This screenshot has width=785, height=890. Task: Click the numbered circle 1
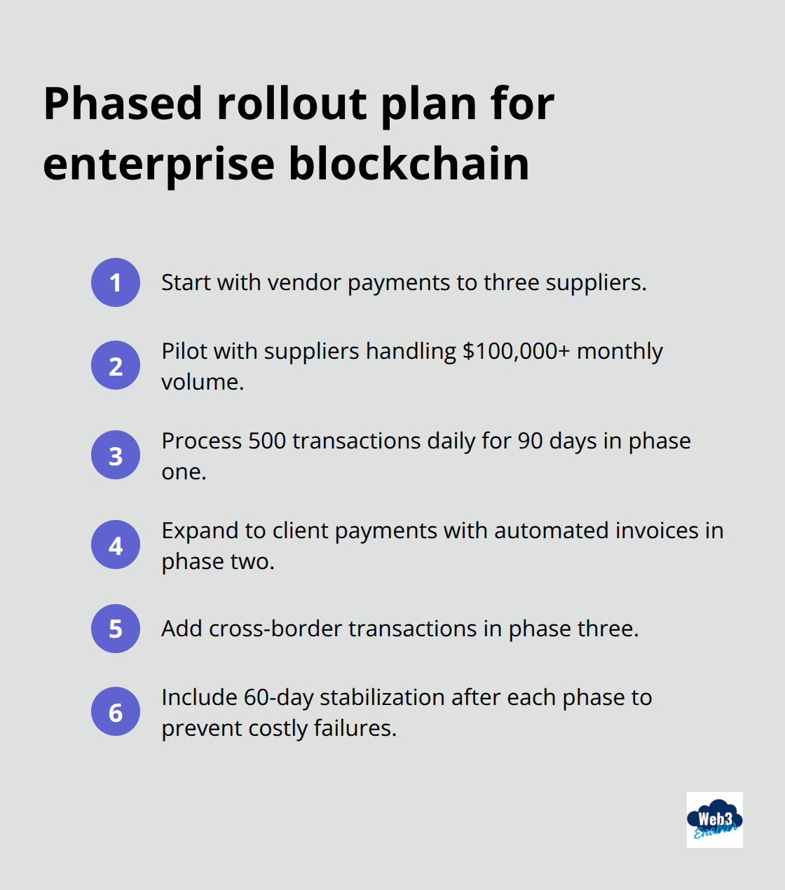click(116, 282)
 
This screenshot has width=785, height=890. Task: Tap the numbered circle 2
click(116, 365)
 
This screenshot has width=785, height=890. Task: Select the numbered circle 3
click(116, 455)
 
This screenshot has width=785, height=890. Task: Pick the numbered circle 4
click(116, 545)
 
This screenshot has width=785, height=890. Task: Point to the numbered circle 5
click(116, 629)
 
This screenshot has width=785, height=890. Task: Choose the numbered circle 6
click(116, 711)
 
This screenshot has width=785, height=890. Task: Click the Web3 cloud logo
click(714, 819)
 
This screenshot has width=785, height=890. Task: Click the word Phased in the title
click(123, 104)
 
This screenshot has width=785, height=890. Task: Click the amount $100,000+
click(516, 350)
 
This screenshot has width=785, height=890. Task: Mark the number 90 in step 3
click(530, 441)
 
